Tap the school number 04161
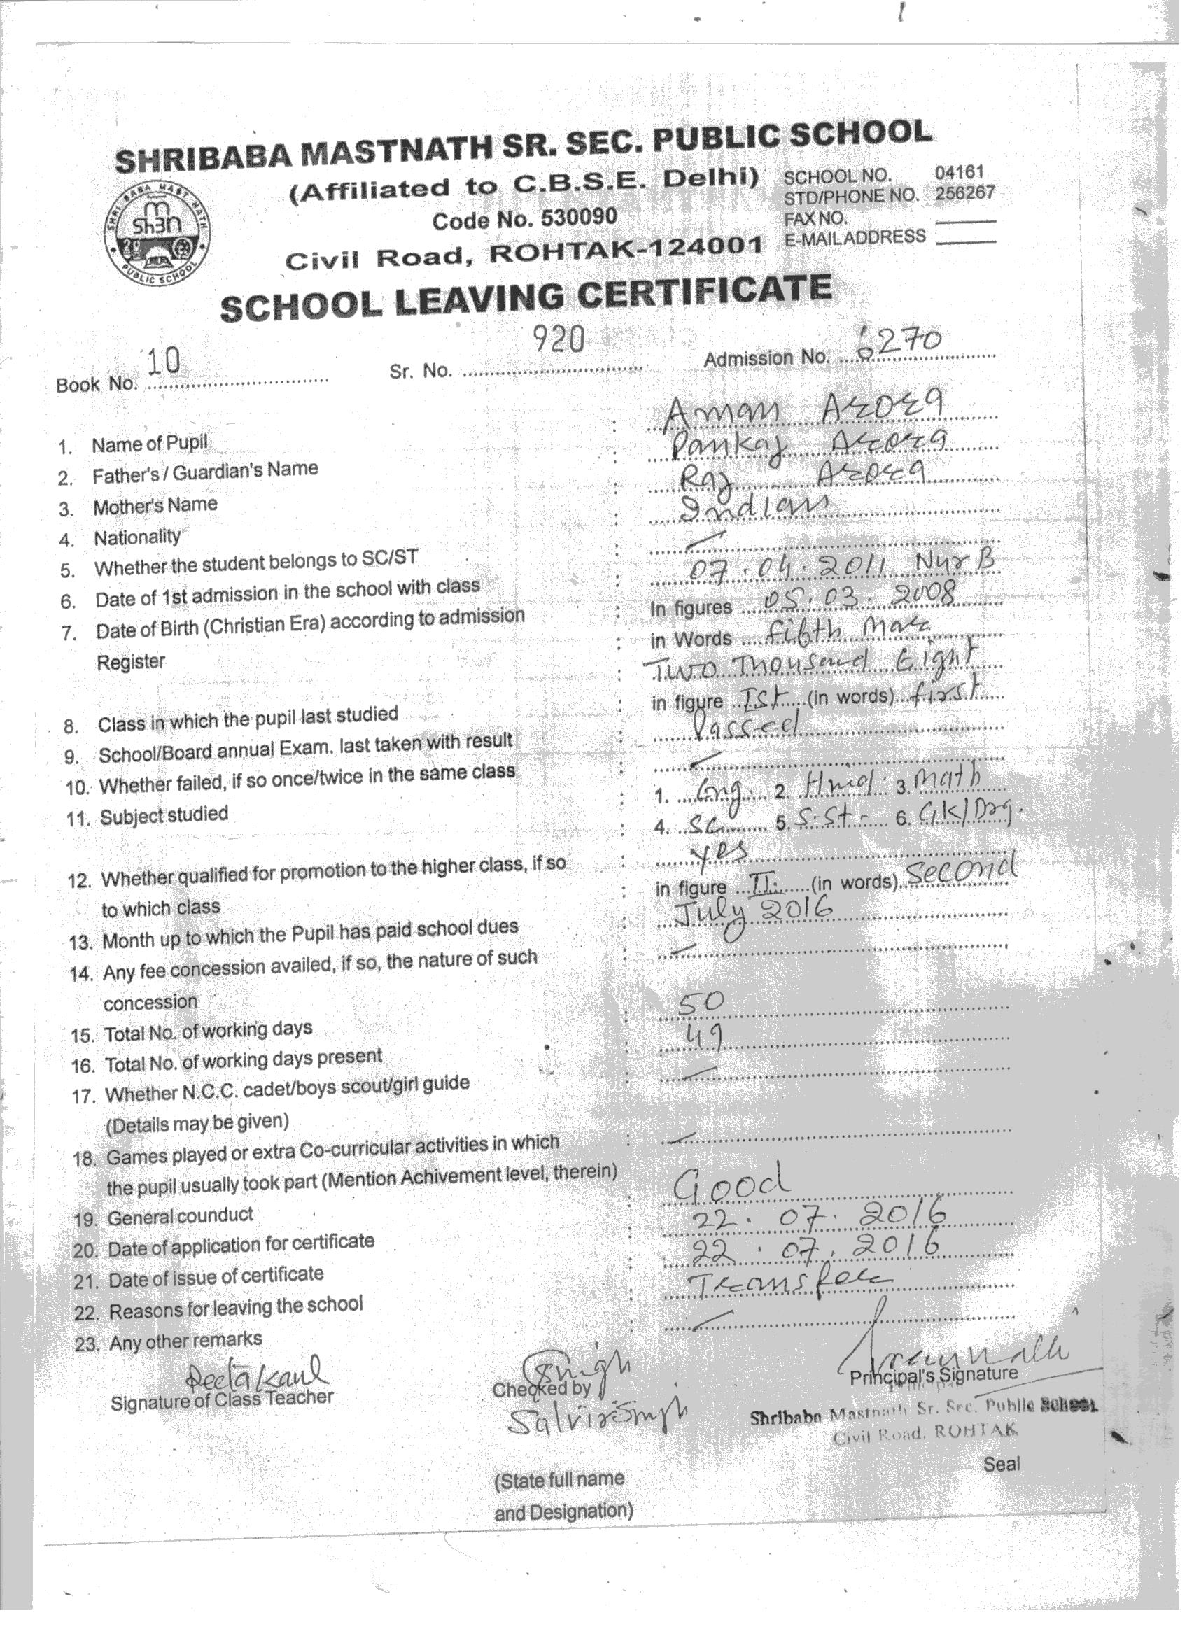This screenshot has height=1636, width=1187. [959, 172]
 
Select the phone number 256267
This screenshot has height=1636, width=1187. [964, 192]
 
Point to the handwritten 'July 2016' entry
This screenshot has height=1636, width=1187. [752, 911]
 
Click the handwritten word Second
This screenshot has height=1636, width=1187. [960, 870]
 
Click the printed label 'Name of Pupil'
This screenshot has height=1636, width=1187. [149, 444]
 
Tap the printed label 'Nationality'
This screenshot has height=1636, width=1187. [137, 537]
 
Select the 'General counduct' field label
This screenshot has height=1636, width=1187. [181, 1216]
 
